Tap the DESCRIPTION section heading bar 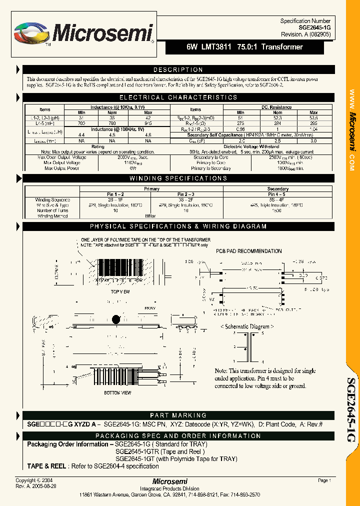[x=178, y=70]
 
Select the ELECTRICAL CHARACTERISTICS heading [x=178, y=97]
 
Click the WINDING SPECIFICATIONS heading [x=178, y=178]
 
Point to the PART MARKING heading [x=178, y=415]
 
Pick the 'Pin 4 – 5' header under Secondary [x=277, y=194]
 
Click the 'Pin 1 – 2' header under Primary [x=115, y=194]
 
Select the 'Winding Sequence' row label [x=52, y=199]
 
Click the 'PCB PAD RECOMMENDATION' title [x=248, y=251]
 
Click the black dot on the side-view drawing [x=116, y=319]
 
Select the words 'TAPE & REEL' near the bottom [x=46, y=466]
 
